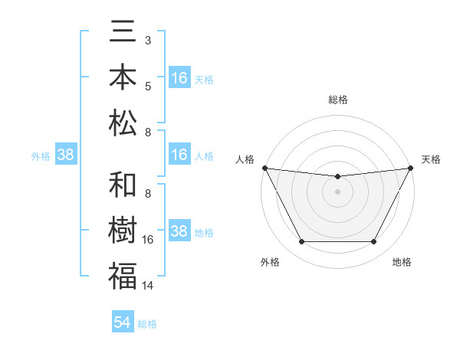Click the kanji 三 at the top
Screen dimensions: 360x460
pyautogui.click(x=123, y=34)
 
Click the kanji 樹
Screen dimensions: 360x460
pyautogui.click(x=123, y=231)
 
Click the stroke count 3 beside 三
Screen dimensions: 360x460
pyautogui.click(x=148, y=39)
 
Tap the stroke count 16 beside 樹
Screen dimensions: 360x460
pyautogui.click(x=148, y=240)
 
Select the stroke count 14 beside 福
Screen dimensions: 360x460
pyautogui.click(x=148, y=286)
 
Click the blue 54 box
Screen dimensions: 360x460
pyautogui.click(x=123, y=322)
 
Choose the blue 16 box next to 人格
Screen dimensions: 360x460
pyautogui.click(x=179, y=155)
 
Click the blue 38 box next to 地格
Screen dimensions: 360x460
pyautogui.click(x=179, y=231)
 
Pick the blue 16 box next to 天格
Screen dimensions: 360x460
pyautogui.click(x=179, y=78)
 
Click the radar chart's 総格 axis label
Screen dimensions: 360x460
pyautogui.click(x=337, y=100)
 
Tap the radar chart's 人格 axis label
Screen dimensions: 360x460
pyautogui.click(x=246, y=159)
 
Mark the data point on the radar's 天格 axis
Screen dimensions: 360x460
pyautogui.click(x=410, y=168)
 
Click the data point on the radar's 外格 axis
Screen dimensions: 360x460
pyautogui.click(x=301, y=242)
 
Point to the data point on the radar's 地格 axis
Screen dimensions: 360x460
pyautogui.click(x=374, y=242)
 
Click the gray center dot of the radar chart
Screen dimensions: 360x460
pyautogui.click(x=337, y=191)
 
